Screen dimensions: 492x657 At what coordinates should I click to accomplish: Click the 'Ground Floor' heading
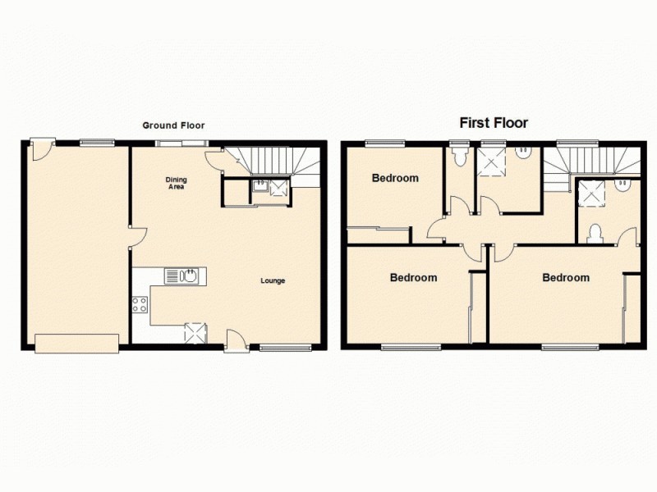(x=173, y=125)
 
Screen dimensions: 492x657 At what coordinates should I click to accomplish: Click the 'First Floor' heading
(x=493, y=123)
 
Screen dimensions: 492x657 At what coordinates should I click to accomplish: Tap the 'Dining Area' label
(x=176, y=183)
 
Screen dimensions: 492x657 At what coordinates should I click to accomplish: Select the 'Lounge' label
(x=273, y=281)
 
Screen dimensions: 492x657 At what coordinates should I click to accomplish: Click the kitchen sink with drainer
(x=181, y=276)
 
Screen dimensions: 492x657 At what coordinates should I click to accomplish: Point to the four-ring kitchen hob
(x=140, y=305)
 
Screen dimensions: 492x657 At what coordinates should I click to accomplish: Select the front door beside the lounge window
(x=236, y=340)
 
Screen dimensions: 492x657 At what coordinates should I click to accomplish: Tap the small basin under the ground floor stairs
(x=259, y=187)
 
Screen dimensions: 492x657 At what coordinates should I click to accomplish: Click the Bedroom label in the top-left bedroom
(x=395, y=178)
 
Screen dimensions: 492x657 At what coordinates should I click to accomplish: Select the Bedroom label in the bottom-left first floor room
(x=413, y=278)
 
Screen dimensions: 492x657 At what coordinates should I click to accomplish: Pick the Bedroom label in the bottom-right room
(x=566, y=278)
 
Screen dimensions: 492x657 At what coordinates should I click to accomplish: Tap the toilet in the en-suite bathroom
(x=595, y=234)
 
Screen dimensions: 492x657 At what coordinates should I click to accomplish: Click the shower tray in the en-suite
(x=590, y=194)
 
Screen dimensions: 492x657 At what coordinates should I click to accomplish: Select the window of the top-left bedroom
(x=384, y=143)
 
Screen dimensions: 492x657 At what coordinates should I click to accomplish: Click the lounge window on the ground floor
(x=285, y=348)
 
